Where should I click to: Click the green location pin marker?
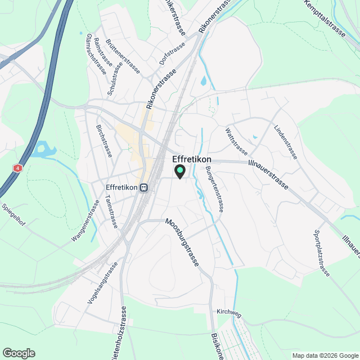179,171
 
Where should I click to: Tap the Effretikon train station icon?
145,187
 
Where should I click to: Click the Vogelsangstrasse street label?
102,283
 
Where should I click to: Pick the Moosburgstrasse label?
182,242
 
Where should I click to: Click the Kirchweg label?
227,311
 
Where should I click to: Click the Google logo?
19,353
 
